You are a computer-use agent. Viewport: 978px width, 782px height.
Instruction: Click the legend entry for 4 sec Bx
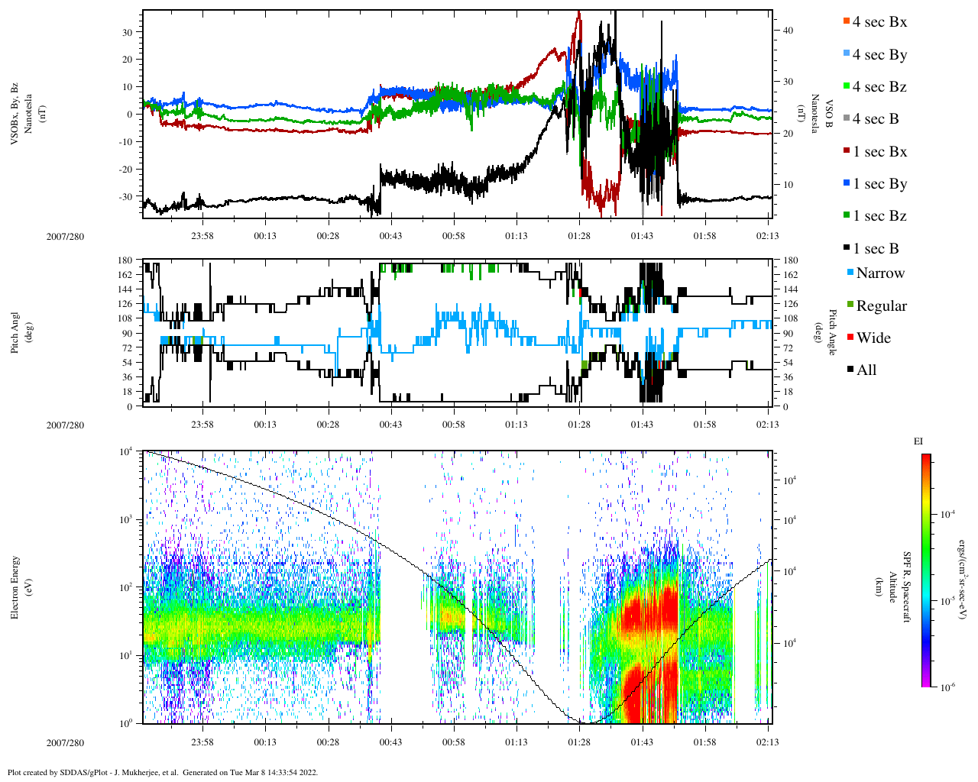[x=879, y=22]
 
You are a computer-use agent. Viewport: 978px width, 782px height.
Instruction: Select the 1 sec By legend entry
[x=879, y=184]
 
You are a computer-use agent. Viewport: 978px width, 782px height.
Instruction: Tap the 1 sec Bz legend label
[x=879, y=216]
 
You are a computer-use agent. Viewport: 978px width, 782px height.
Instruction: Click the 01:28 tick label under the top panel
[x=579, y=236]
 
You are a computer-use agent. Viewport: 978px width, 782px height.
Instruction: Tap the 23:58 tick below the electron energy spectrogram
[x=202, y=742]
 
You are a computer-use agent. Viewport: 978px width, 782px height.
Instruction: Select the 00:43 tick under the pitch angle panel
[x=390, y=425]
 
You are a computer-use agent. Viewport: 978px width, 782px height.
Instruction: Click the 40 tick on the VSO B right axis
[x=788, y=31]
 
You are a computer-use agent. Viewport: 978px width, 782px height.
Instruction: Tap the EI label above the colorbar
[x=918, y=441]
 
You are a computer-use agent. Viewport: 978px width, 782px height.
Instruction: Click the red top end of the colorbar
[x=925, y=458]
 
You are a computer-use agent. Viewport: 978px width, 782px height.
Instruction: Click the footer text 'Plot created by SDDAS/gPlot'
[x=76, y=772]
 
